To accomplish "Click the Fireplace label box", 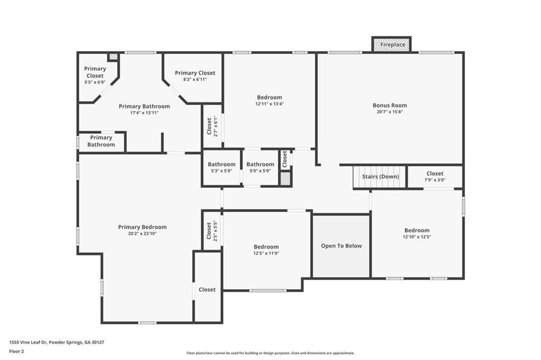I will (391, 45).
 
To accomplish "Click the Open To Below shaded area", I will (341, 245).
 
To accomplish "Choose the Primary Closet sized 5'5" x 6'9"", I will (95, 75).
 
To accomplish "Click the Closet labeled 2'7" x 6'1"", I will (212, 126).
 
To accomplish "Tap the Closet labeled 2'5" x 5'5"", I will (212, 230).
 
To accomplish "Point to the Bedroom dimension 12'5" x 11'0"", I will (266, 253).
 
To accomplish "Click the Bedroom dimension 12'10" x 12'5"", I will (417, 236).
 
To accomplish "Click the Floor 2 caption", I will (17, 351).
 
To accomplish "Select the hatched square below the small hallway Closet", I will (285, 179).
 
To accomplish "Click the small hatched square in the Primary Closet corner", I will (113, 56).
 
